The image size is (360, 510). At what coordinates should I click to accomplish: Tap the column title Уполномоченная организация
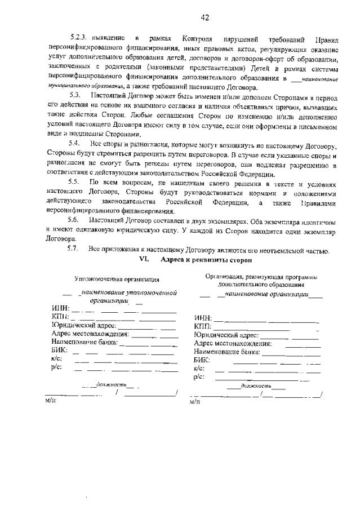117,279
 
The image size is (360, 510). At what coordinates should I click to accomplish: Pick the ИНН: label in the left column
60,308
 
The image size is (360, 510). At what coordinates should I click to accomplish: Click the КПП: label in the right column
202,326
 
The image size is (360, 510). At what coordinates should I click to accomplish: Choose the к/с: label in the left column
56,358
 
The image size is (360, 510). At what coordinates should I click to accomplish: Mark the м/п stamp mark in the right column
195,402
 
